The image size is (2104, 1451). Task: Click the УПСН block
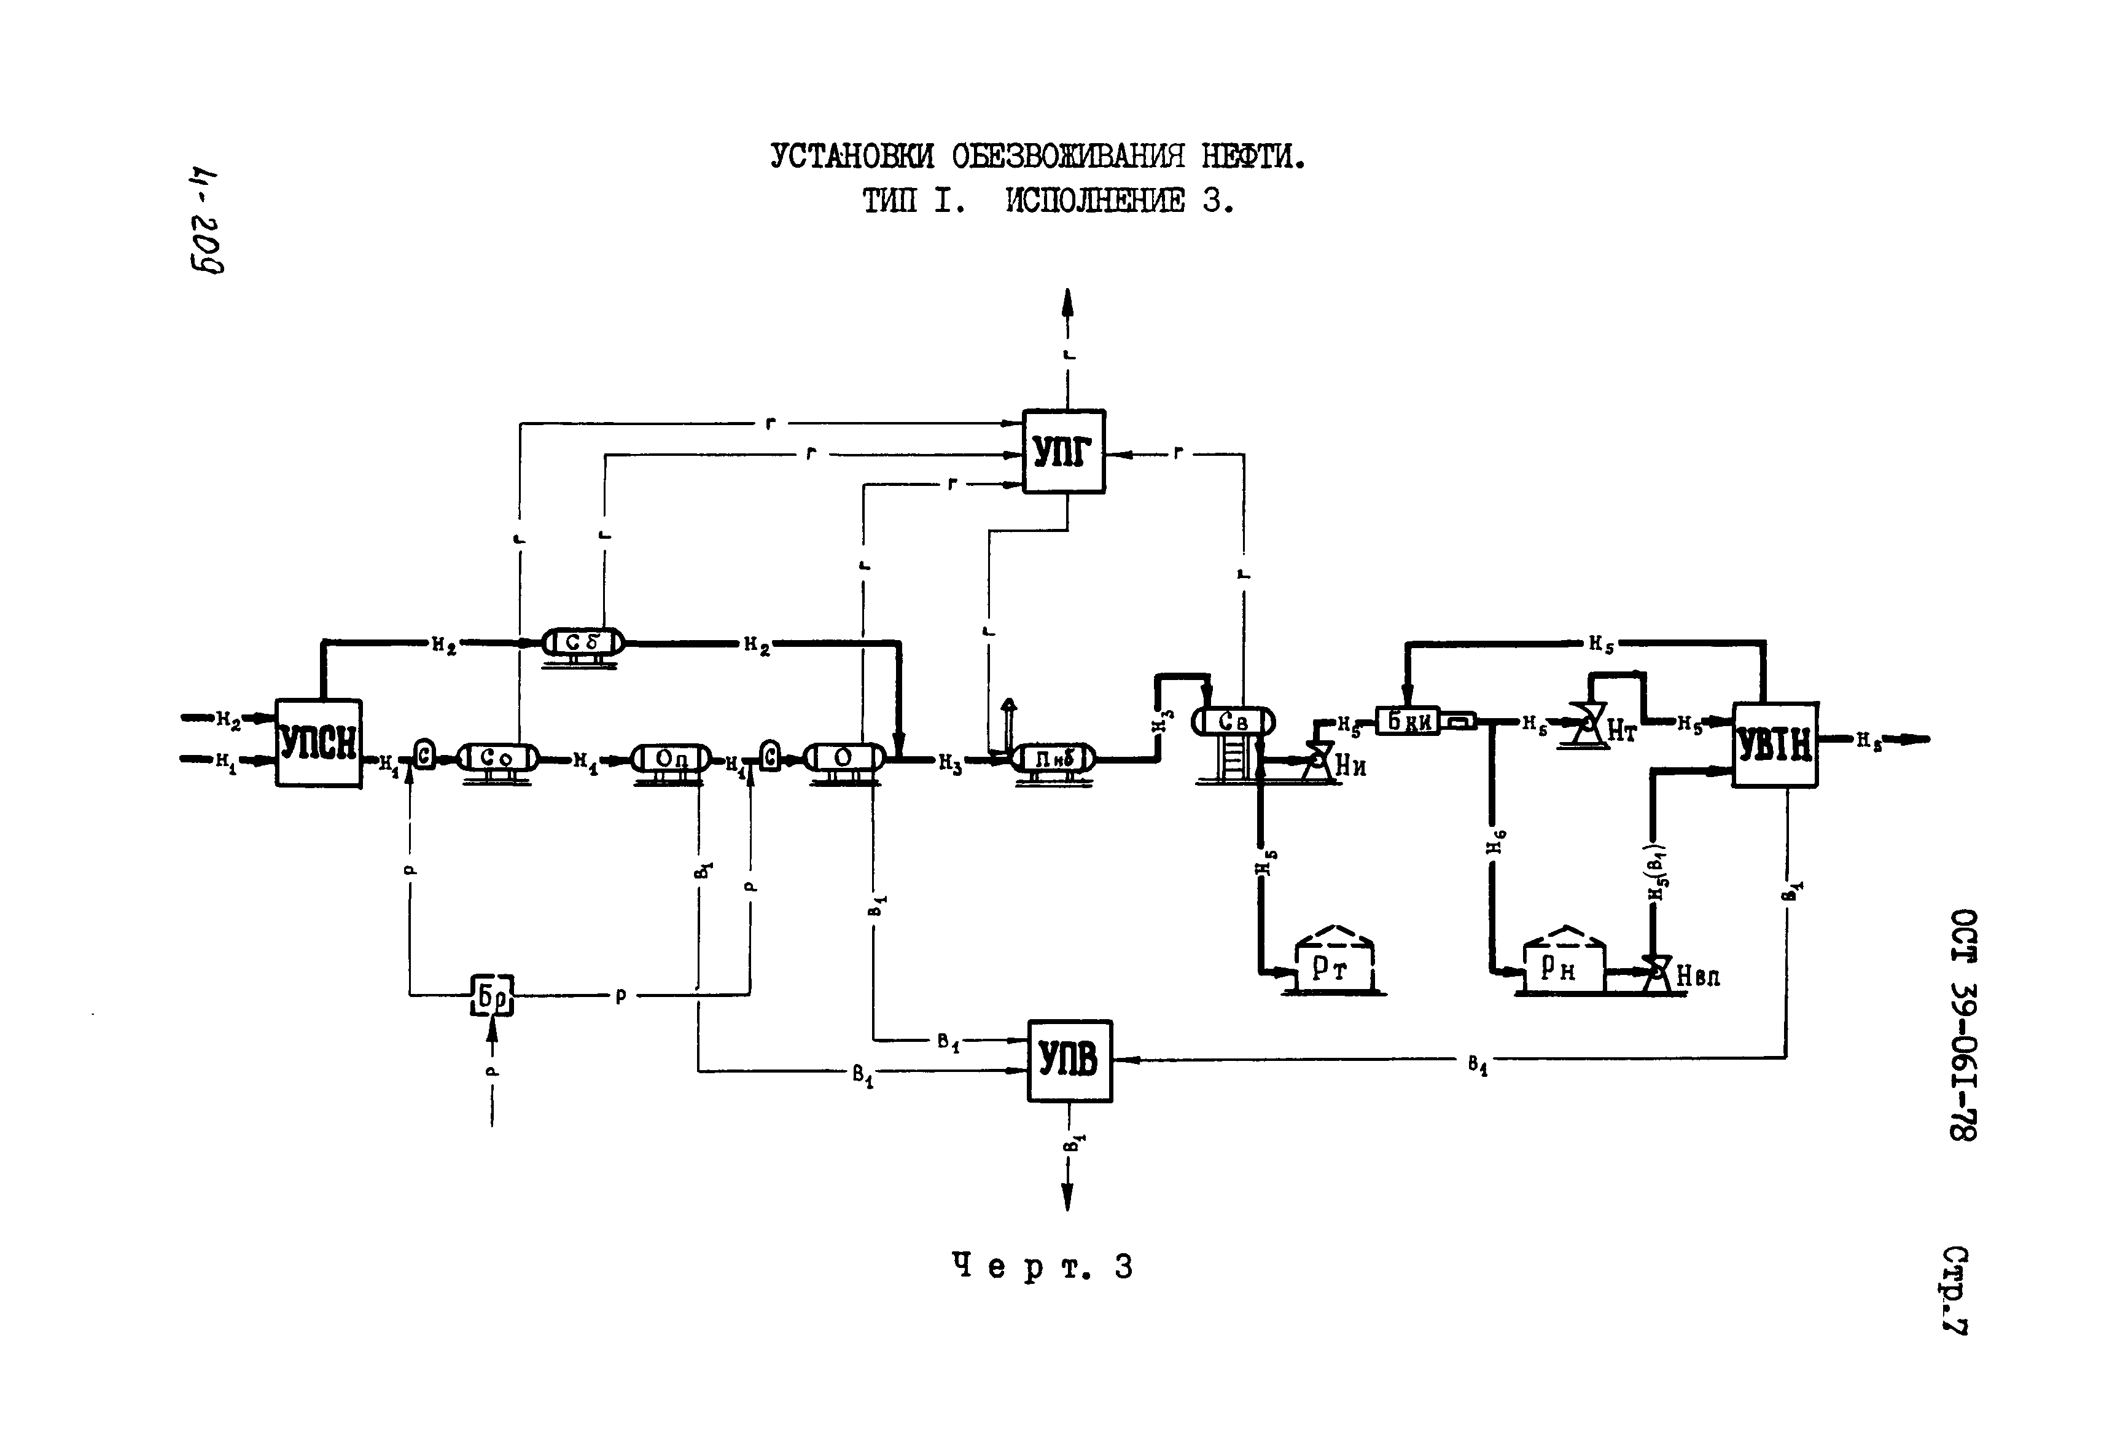click(318, 743)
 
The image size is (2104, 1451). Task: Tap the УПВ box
click(1069, 1061)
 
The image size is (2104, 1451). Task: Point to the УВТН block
click(1774, 745)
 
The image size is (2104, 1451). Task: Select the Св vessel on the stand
click(1233, 722)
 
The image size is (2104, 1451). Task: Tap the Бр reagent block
click(492, 996)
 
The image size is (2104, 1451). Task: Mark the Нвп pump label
click(1697, 977)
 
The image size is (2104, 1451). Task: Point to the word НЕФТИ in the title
click(1253, 157)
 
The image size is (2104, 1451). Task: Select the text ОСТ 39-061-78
click(1963, 1025)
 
